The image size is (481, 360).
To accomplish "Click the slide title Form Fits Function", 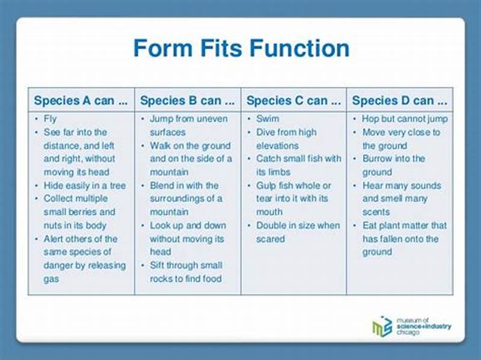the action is coord(240,49).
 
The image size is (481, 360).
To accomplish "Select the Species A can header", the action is coord(81,100).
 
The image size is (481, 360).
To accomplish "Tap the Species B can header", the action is coord(187,100).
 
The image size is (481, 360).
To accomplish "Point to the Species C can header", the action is coord(293,100).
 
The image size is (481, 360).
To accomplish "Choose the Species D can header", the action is coord(400,100).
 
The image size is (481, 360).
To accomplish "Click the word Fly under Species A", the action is coord(50,119).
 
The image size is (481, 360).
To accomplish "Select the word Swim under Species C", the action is coord(268,119).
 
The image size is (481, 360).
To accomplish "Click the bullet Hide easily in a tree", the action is coord(84,186).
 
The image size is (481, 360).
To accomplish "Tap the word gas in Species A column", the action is coord(51,279).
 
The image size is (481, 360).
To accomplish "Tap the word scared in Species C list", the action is coord(270,239).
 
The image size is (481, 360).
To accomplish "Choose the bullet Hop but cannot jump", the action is coord(405,119).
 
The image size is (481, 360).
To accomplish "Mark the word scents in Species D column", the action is coord(376,212).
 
